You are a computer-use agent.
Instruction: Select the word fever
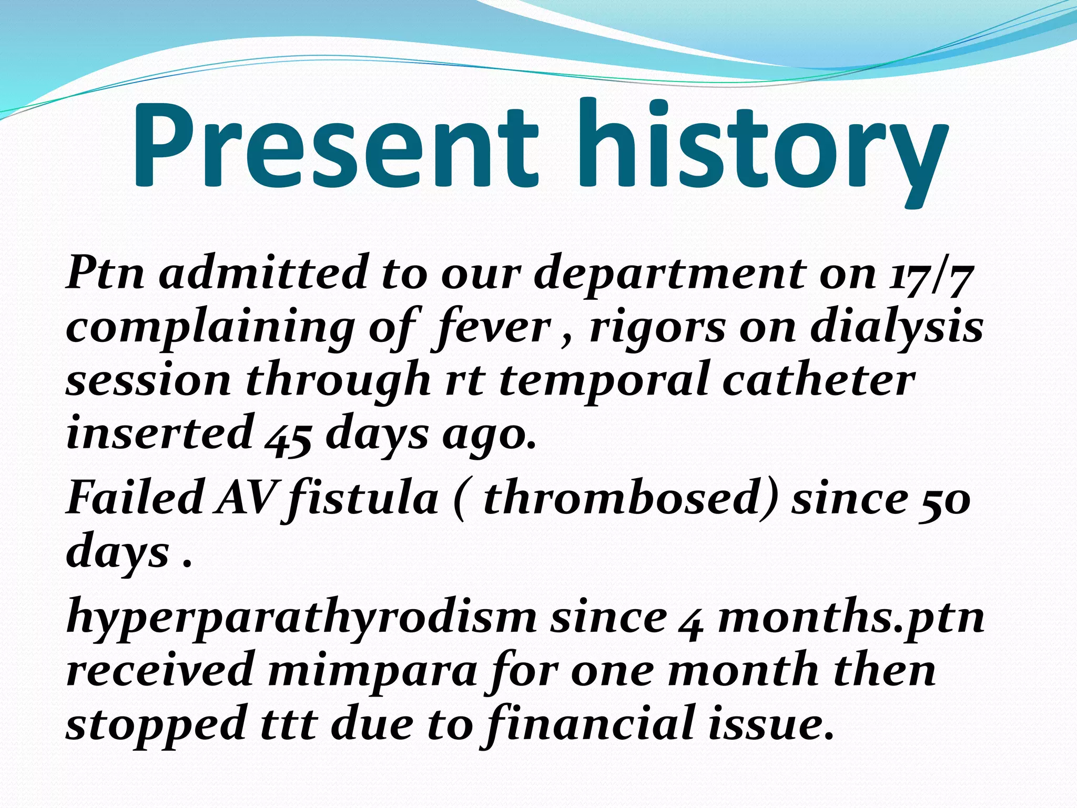[492, 327]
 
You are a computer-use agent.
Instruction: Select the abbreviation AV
[245, 498]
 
